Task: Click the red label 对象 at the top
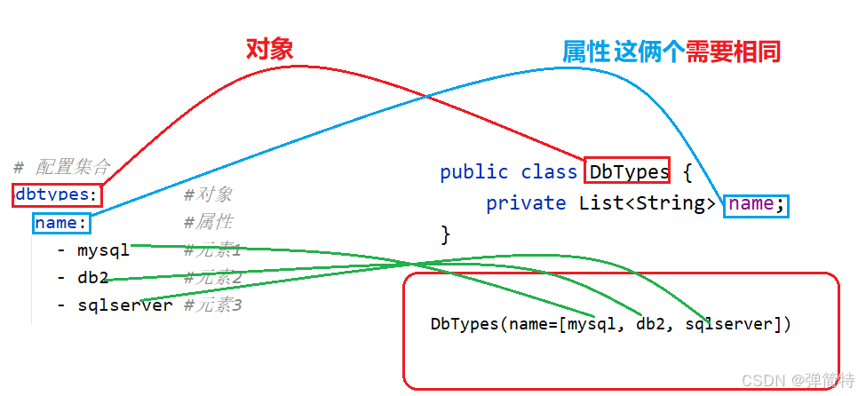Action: pyautogui.click(x=269, y=49)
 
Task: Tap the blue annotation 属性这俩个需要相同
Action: pyautogui.click(x=671, y=51)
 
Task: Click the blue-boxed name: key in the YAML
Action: pyautogui.click(x=61, y=223)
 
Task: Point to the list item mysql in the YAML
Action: pyautogui.click(x=103, y=250)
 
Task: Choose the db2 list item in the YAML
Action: pyautogui.click(x=92, y=278)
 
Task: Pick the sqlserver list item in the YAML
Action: pyautogui.click(x=124, y=305)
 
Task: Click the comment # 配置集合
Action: pyautogui.click(x=61, y=166)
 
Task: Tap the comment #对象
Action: pyautogui.click(x=208, y=195)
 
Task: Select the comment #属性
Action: pyautogui.click(x=208, y=222)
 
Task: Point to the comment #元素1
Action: pyautogui.click(x=213, y=251)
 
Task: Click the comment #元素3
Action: pyautogui.click(x=213, y=305)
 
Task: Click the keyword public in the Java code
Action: pyautogui.click(x=474, y=172)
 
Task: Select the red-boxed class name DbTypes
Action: pyautogui.click(x=623, y=171)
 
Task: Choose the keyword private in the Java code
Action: pyautogui.click(x=526, y=203)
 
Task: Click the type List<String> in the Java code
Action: pyautogui.click(x=647, y=203)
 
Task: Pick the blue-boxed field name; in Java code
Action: pyautogui.click(x=756, y=203)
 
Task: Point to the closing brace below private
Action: pyautogui.click(x=446, y=234)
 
